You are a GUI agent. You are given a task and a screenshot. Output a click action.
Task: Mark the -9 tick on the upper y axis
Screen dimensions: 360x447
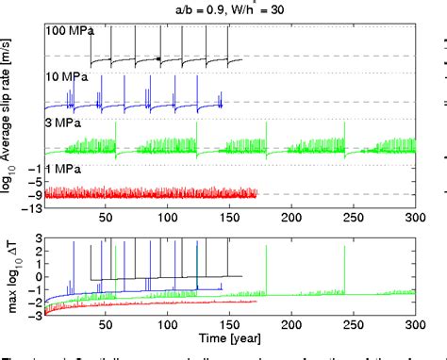click(34, 195)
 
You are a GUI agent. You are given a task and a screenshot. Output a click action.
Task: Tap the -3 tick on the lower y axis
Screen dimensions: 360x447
click(34, 314)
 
